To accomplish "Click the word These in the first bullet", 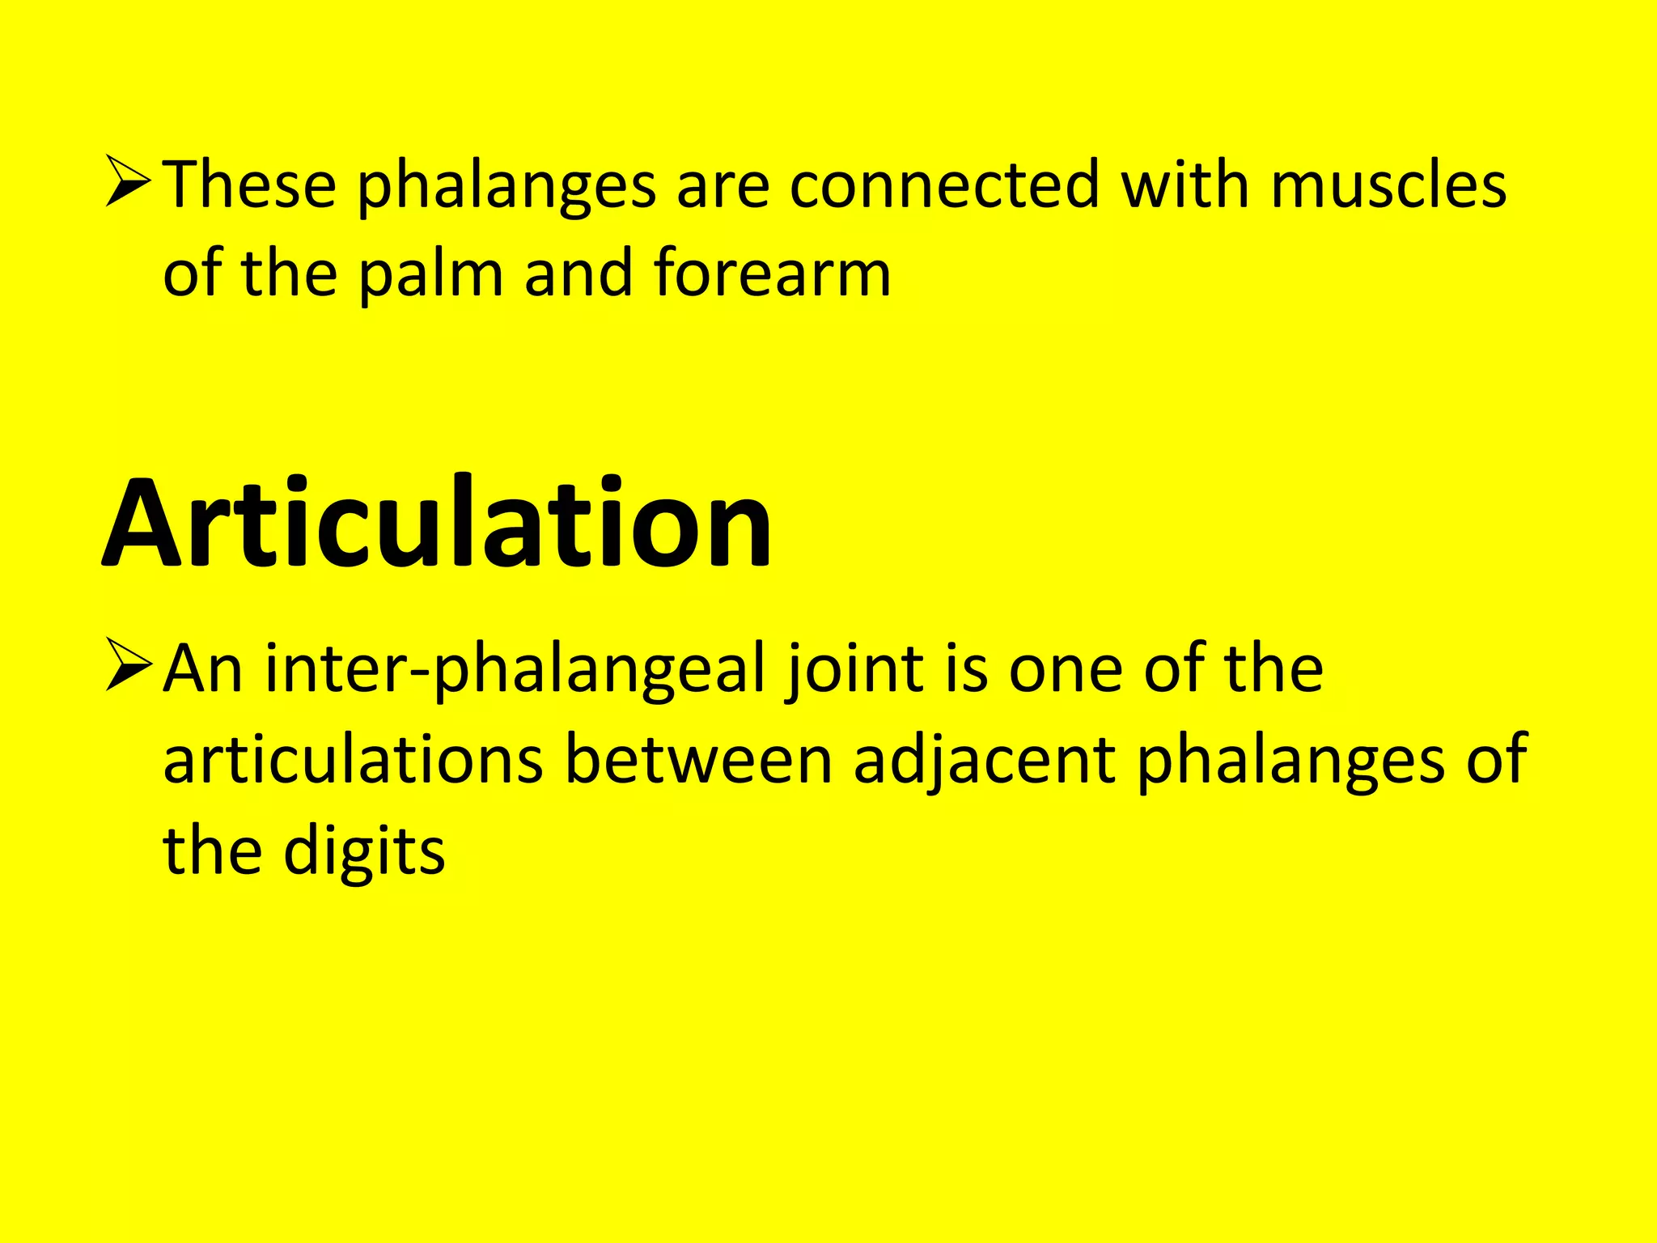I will coord(250,185).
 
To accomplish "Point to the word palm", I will coord(431,274).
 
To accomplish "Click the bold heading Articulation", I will coord(437,524).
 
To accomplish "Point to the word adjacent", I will coord(984,761).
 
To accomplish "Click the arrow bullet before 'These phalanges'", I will coord(128,183).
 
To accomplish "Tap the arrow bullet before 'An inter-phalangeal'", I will coord(128,665).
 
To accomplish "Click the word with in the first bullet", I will coord(1185,185).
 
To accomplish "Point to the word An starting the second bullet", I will coord(203,670).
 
